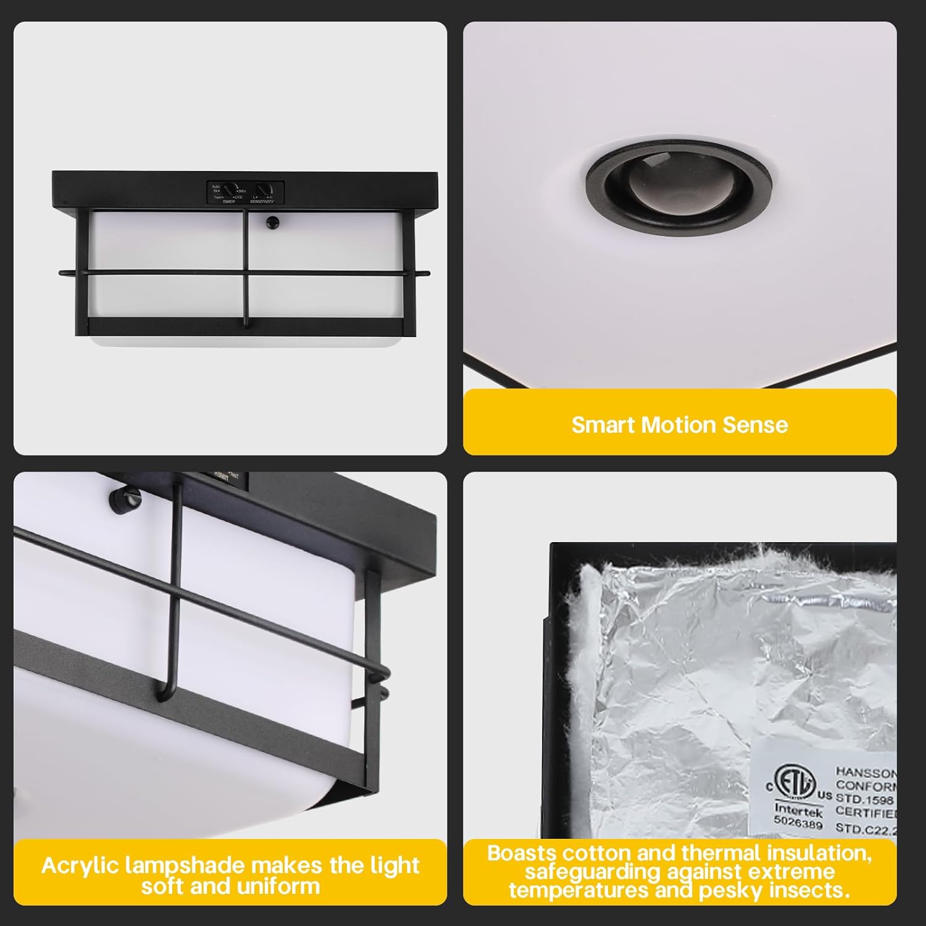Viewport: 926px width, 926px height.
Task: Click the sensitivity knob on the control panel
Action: pyautogui.click(x=265, y=190)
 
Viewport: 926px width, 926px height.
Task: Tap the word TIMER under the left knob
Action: pyautogui.click(x=228, y=202)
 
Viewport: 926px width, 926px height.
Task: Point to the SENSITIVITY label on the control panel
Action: pyautogui.click(x=262, y=202)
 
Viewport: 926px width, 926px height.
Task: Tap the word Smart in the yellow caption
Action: pyautogui.click(x=603, y=425)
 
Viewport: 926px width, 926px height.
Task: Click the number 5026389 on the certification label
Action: pyautogui.click(x=798, y=824)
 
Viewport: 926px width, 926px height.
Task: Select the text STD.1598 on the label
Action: pyautogui.click(x=864, y=800)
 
